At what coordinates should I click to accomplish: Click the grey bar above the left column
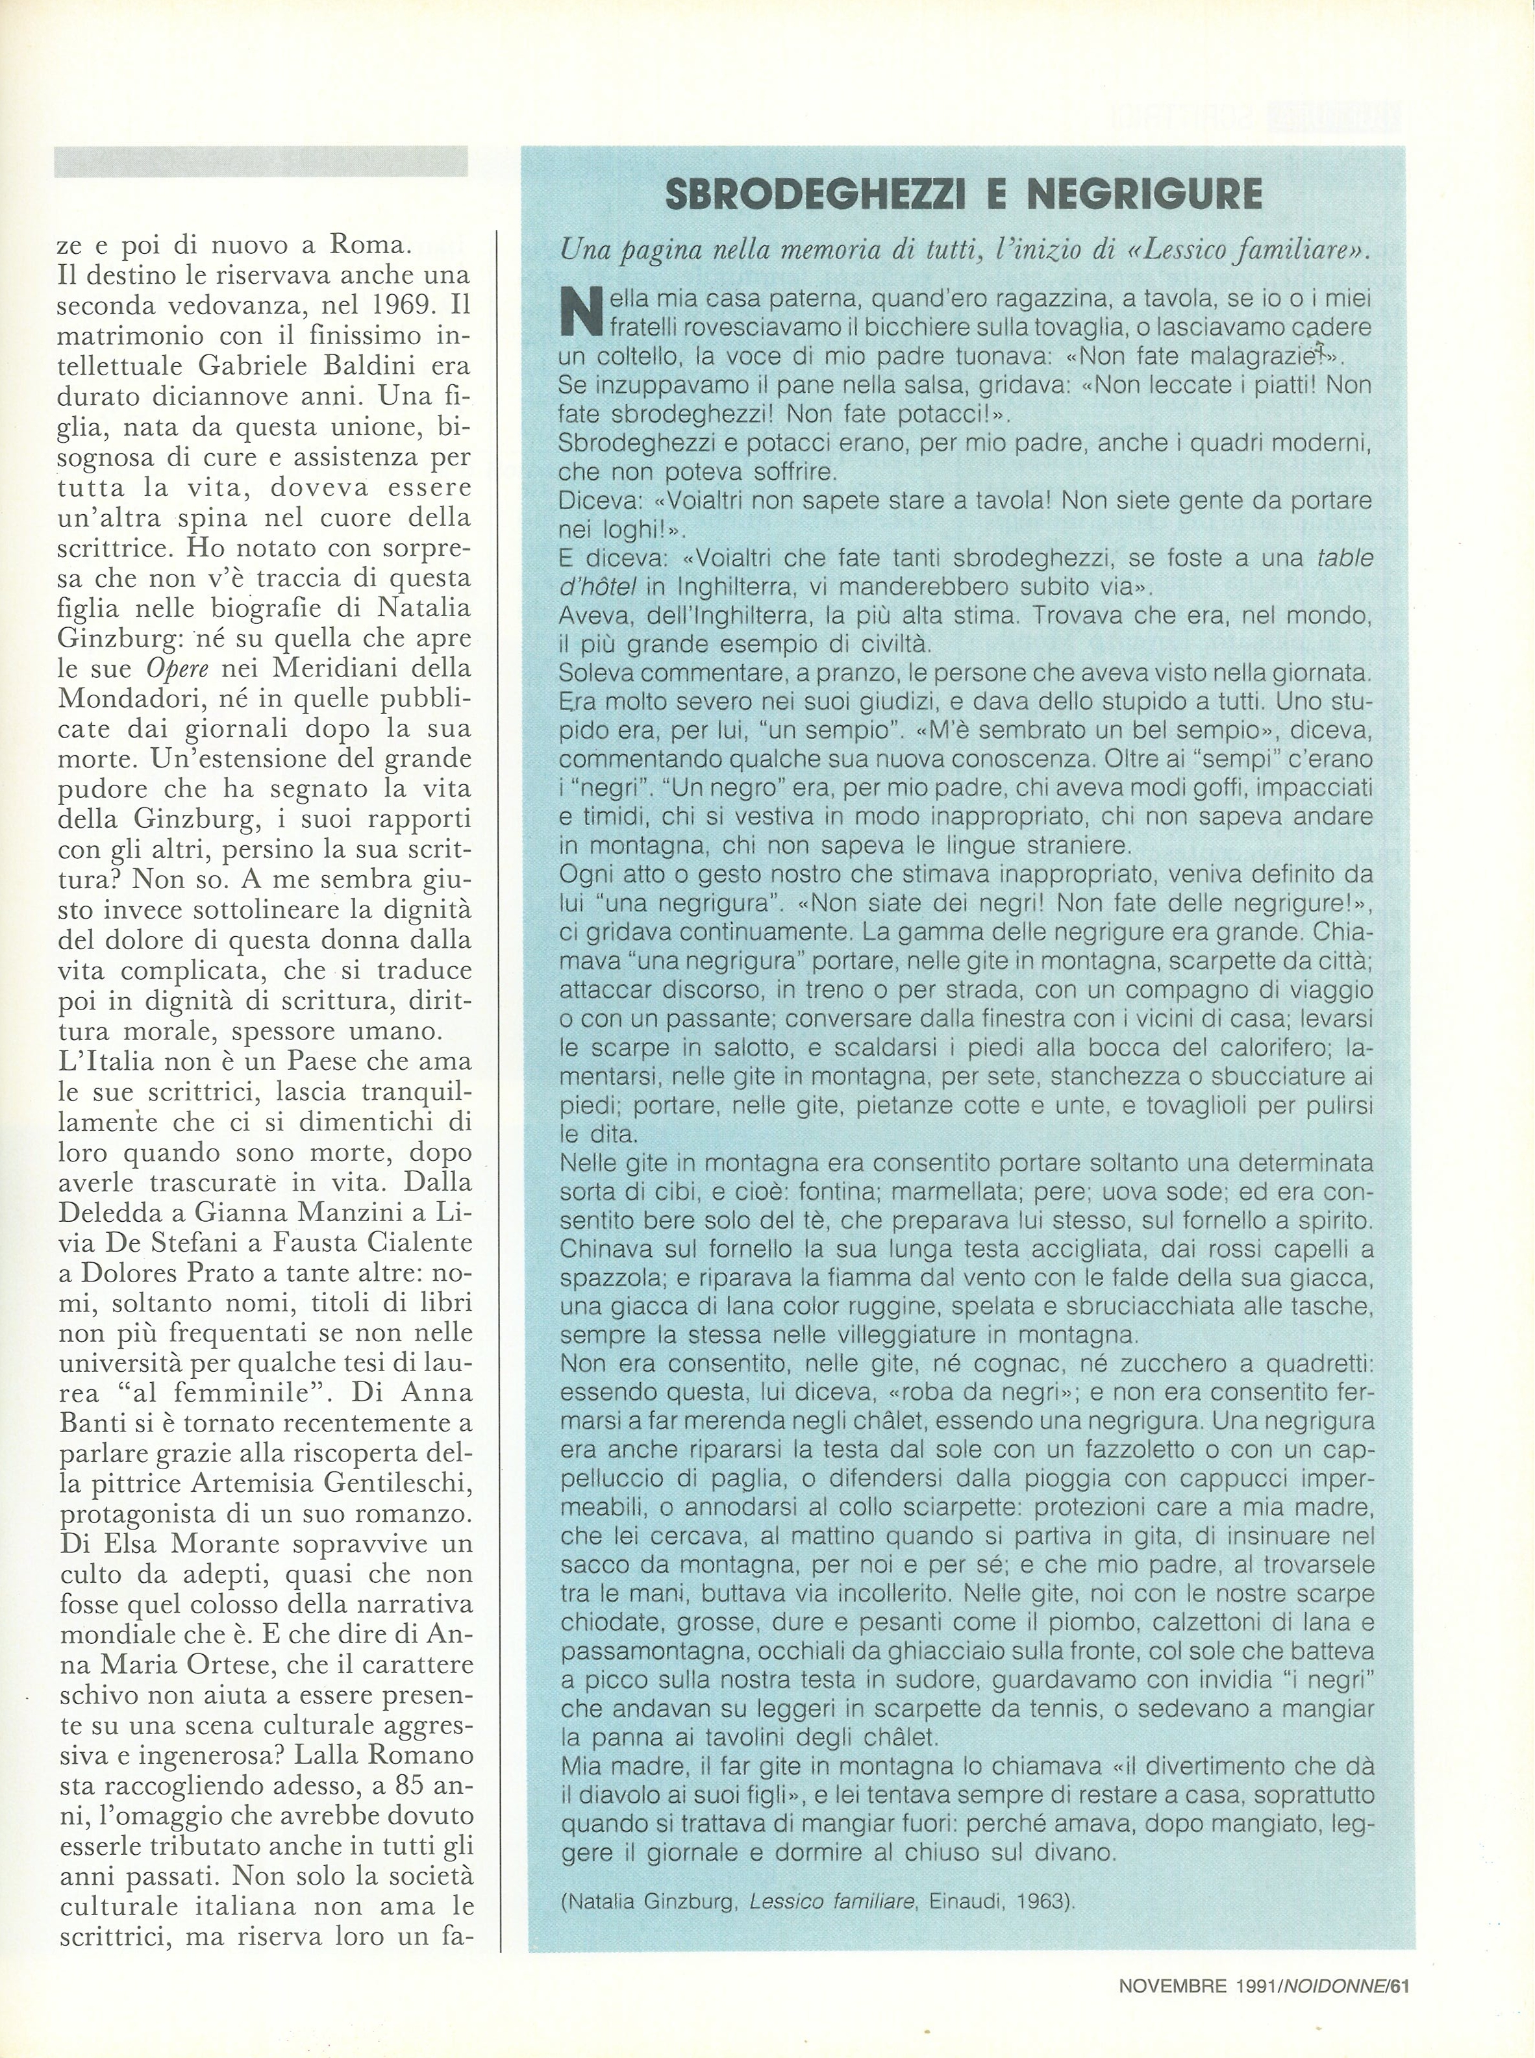(260, 162)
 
